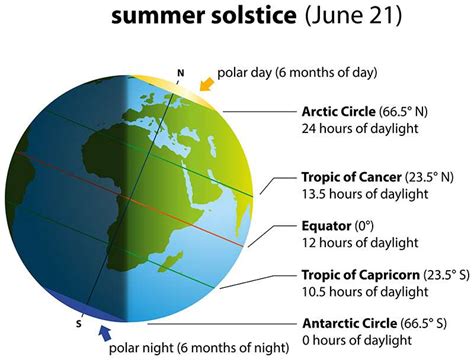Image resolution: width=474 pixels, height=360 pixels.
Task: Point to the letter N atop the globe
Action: click(180, 72)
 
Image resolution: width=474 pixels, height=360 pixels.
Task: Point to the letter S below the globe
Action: click(78, 323)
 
